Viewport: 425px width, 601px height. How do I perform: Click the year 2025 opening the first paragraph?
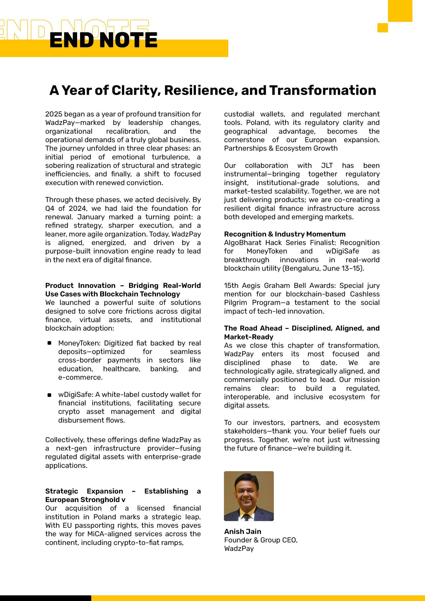click(x=54, y=114)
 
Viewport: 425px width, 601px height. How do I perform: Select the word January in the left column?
click(x=91, y=217)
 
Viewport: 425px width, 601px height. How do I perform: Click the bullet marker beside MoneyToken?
click(x=49, y=343)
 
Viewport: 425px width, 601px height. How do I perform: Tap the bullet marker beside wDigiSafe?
click(x=49, y=395)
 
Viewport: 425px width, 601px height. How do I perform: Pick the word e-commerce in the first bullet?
click(x=80, y=377)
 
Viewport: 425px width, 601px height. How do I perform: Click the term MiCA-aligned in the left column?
click(x=110, y=534)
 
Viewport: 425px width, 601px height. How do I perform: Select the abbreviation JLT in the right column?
click(x=327, y=166)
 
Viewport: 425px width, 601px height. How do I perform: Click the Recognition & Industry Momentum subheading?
click(x=285, y=234)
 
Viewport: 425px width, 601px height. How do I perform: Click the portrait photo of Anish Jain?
click(x=249, y=496)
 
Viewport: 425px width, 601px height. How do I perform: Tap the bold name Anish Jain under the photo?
click(x=242, y=531)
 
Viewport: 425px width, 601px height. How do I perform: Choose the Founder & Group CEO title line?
click(x=260, y=540)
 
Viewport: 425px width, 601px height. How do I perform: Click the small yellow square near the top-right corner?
click(x=382, y=28)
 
